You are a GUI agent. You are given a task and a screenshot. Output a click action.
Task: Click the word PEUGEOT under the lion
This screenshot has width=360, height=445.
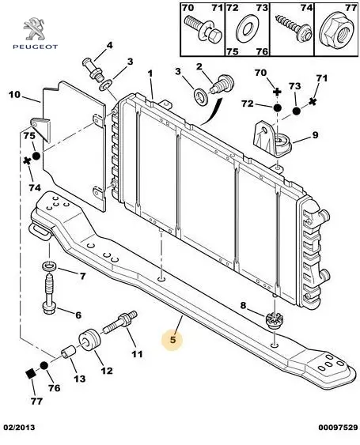click(36, 47)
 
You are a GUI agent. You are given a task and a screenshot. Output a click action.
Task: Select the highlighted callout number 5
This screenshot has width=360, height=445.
click(172, 339)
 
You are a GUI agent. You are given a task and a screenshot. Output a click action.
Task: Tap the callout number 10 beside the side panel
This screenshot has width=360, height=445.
click(14, 95)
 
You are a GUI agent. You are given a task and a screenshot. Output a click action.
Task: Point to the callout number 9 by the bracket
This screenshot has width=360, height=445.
click(315, 135)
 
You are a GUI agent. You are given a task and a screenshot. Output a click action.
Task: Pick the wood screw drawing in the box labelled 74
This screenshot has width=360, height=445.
click(294, 28)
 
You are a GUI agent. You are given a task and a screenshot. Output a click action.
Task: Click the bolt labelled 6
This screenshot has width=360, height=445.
click(50, 294)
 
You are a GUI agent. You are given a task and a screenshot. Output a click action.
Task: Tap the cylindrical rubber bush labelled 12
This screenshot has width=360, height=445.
click(89, 340)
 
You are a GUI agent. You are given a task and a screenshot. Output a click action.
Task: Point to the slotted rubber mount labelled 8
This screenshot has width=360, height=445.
click(273, 320)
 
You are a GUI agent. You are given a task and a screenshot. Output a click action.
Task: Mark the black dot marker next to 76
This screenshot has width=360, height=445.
click(44, 366)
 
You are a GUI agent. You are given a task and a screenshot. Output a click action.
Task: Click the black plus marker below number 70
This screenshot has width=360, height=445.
click(277, 92)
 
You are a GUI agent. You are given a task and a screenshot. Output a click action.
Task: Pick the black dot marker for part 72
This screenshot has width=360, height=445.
click(277, 107)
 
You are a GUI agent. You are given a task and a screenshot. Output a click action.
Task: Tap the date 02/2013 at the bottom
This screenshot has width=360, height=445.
click(19, 428)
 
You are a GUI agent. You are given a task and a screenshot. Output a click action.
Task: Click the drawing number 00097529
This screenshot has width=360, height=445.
click(338, 428)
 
